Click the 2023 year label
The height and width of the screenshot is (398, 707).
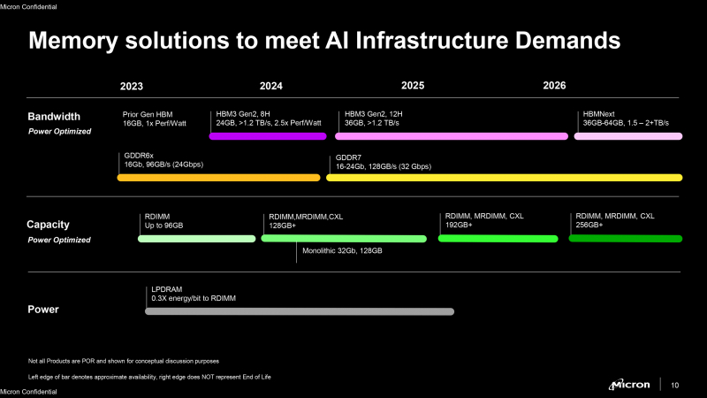pyautogui.click(x=131, y=86)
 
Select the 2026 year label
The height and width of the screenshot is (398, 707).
pyautogui.click(x=554, y=86)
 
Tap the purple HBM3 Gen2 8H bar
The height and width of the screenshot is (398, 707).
pyautogui.click(x=268, y=136)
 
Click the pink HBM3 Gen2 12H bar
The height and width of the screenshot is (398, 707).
pyautogui.click(x=451, y=136)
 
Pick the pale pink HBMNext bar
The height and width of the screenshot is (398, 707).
pyautogui.click(x=629, y=136)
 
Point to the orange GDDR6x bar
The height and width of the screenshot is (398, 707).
pyautogui.click(x=218, y=178)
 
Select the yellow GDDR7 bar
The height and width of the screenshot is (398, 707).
pyautogui.click(x=504, y=178)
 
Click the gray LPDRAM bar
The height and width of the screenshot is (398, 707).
pyautogui.click(x=299, y=311)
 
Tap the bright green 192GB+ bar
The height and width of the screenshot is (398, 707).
pyautogui.click(x=498, y=239)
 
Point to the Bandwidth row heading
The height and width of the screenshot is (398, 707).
pyautogui.click(x=54, y=117)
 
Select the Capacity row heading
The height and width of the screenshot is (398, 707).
pyautogui.click(x=48, y=225)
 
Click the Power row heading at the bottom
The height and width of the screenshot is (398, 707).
pyautogui.click(x=43, y=310)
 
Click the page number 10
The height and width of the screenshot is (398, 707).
pyautogui.click(x=676, y=385)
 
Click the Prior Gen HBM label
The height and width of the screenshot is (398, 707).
pyautogui.click(x=153, y=115)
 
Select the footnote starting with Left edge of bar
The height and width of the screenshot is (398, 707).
pyautogui.click(x=149, y=377)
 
